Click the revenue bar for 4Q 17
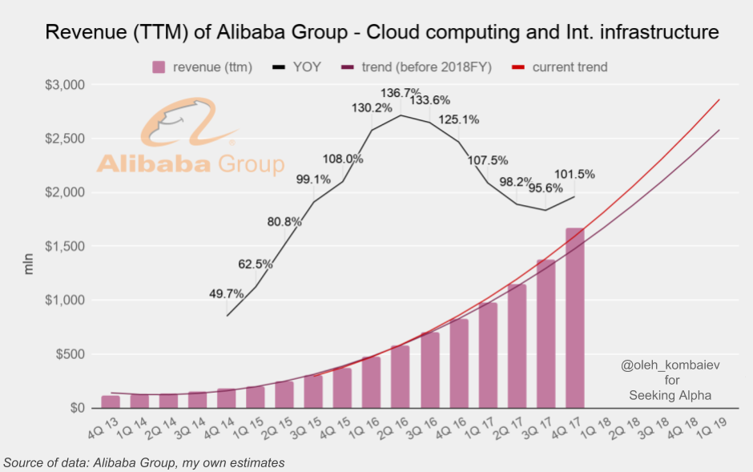(575, 318)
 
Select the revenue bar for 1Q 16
(371, 382)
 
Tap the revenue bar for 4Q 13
(111, 402)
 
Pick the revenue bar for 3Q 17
(546, 334)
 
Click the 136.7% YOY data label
(401, 93)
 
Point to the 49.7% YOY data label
(226, 293)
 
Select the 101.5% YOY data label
(574, 174)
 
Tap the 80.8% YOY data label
(284, 222)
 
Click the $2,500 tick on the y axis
(64, 139)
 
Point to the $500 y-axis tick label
(70, 354)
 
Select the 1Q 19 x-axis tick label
(711, 427)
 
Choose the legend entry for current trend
(559, 67)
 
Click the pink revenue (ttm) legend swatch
(159, 67)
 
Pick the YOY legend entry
(296, 67)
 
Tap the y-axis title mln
(28, 264)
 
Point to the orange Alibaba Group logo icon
(189, 122)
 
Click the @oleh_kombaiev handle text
(670, 365)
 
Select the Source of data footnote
(143, 463)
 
